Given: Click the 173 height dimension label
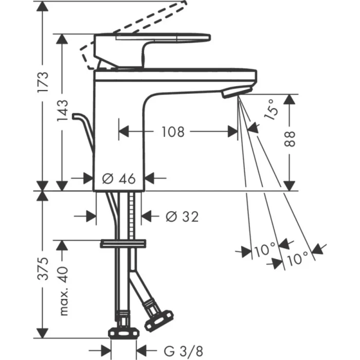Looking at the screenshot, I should click(x=45, y=82).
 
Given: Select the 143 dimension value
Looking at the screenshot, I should click(x=62, y=111).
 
